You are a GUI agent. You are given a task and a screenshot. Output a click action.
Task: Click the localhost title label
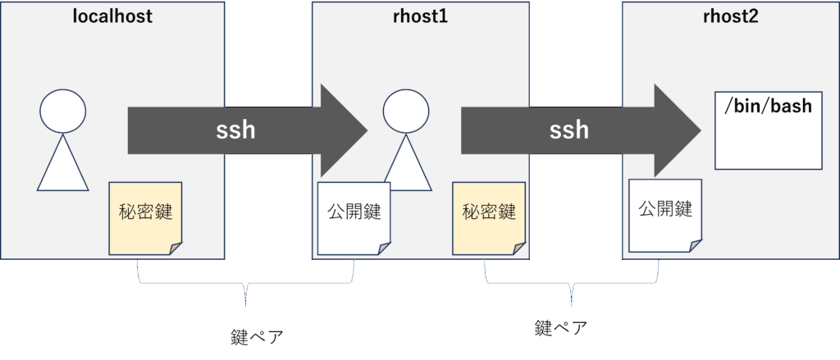[112, 16]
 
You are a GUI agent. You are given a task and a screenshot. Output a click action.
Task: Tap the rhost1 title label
[420, 16]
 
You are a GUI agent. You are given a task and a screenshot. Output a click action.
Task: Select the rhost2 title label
[731, 16]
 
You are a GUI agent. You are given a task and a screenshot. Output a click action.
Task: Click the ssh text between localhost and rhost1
[235, 130]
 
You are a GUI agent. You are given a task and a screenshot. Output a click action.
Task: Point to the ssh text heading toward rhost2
[569, 130]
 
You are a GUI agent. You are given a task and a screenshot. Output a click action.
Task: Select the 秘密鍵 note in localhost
[146, 216]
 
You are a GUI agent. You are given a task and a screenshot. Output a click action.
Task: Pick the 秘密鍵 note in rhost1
[490, 212]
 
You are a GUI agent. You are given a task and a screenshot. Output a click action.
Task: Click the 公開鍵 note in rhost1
[354, 216]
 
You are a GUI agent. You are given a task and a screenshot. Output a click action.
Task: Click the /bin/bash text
[768, 107]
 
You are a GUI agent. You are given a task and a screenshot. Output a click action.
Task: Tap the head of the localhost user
[63, 112]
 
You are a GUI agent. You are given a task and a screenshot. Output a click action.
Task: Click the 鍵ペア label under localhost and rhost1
[258, 336]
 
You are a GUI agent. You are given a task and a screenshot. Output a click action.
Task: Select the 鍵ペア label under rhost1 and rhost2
[561, 328]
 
